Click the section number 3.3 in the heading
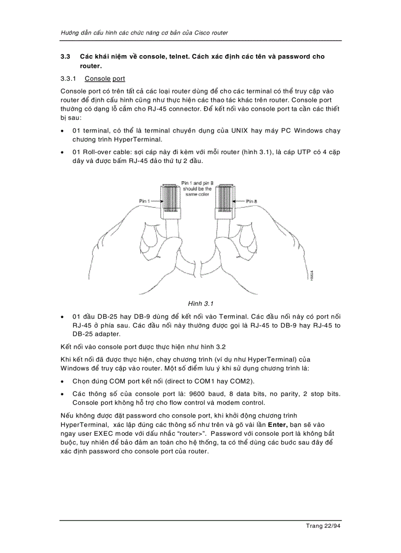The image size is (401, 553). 65,57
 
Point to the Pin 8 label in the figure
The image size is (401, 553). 252,201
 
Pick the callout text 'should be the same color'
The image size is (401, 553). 197,192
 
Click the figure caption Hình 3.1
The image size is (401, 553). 200,303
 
